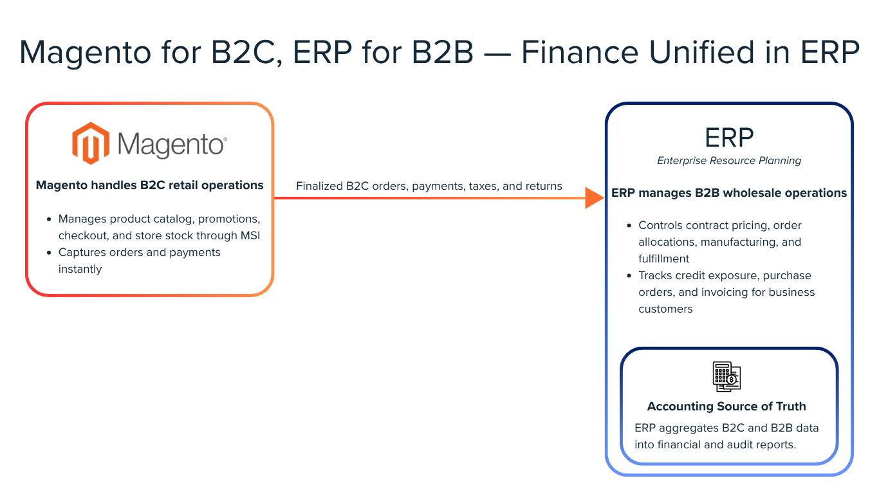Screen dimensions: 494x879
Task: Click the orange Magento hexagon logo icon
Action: tap(90, 143)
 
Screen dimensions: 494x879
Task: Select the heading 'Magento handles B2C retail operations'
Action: tap(149, 185)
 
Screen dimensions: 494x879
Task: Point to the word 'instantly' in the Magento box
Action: tap(80, 269)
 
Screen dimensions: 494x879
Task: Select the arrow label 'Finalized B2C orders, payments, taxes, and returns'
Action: tap(429, 186)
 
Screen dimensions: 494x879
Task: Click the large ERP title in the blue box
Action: tap(728, 137)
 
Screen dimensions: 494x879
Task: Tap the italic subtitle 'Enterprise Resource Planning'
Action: tap(728, 161)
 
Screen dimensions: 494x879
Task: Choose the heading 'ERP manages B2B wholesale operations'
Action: tap(728, 193)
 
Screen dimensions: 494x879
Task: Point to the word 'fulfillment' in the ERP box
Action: tap(663, 259)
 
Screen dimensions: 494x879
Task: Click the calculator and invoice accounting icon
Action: tap(726, 376)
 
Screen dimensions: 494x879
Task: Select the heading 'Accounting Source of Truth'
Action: tap(726, 407)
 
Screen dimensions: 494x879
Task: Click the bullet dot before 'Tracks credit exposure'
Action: tap(629, 276)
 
